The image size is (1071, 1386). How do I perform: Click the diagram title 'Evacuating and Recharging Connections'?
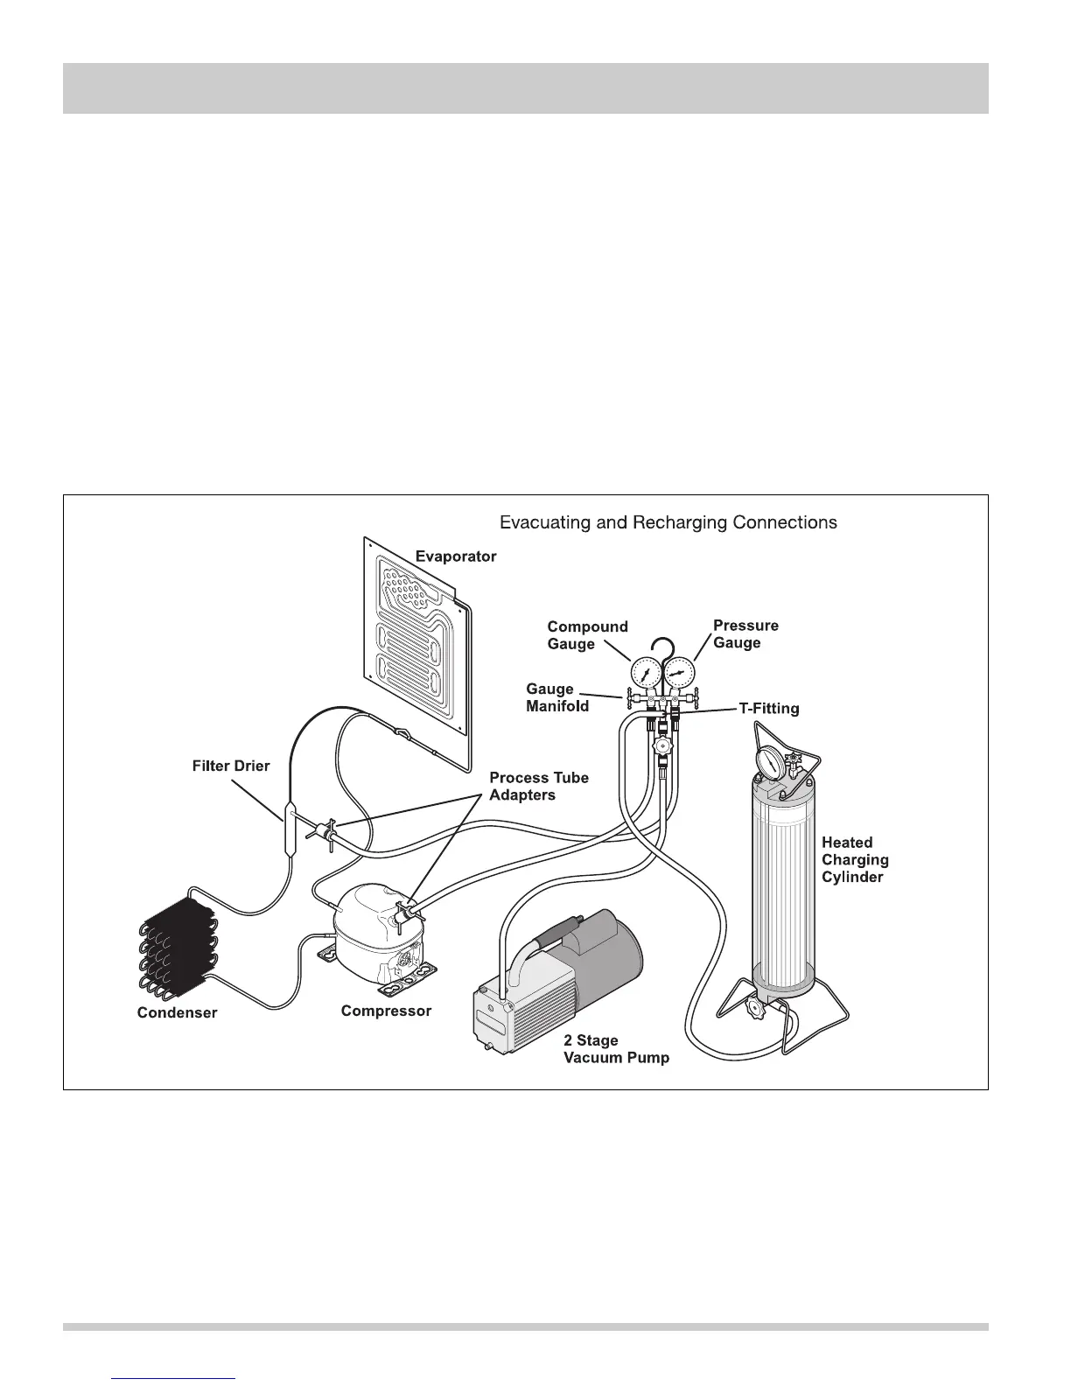(x=668, y=522)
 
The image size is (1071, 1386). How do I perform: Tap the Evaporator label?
(x=456, y=556)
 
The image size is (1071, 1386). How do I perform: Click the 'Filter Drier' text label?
(x=231, y=766)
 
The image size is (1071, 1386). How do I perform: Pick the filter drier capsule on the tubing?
(x=289, y=827)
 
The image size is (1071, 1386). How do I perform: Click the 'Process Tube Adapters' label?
(x=538, y=786)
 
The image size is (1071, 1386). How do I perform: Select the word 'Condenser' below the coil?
(x=177, y=1013)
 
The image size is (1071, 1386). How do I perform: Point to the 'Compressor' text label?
(x=386, y=1011)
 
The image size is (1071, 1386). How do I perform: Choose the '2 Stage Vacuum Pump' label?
(x=616, y=1049)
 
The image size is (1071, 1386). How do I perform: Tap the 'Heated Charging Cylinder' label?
(x=855, y=859)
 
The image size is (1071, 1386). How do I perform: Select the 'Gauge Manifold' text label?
(x=556, y=697)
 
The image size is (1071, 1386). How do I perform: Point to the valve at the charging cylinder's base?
(x=758, y=1011)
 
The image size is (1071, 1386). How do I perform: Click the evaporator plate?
(x=417, y=647)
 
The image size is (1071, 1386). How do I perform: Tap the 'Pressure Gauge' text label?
(x=745, y=634)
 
